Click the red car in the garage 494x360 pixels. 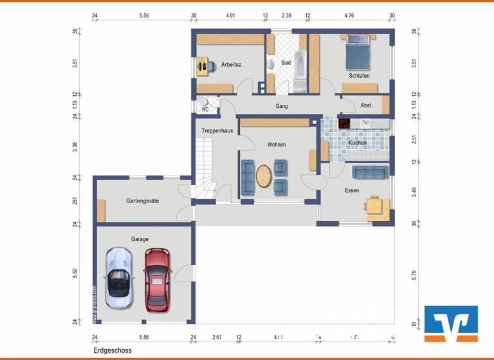tap(157, 280)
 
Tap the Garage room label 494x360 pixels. tap(140, 239)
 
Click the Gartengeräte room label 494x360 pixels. tap(142, 201)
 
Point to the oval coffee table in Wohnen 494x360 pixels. tap(264, 177)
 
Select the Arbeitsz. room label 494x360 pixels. tap(231, 64)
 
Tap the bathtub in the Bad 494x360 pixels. tap(300, 74)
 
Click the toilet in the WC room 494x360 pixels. tap(203, 101)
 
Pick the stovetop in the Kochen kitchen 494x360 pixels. tap(345, 123)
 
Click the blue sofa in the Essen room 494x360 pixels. tap(370, 172)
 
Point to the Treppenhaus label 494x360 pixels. tap(216, 130)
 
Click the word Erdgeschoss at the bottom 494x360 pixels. tap(112, 351)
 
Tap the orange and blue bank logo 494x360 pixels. tap(451, 323)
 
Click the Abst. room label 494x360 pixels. tap(366, 105)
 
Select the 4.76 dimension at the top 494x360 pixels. tap(349, 14)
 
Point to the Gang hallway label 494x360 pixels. tap(282, 106)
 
